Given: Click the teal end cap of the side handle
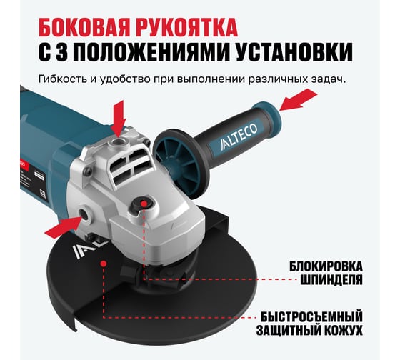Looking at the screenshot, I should click(267, 114).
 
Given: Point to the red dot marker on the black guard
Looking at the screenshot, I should click(104, 264).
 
